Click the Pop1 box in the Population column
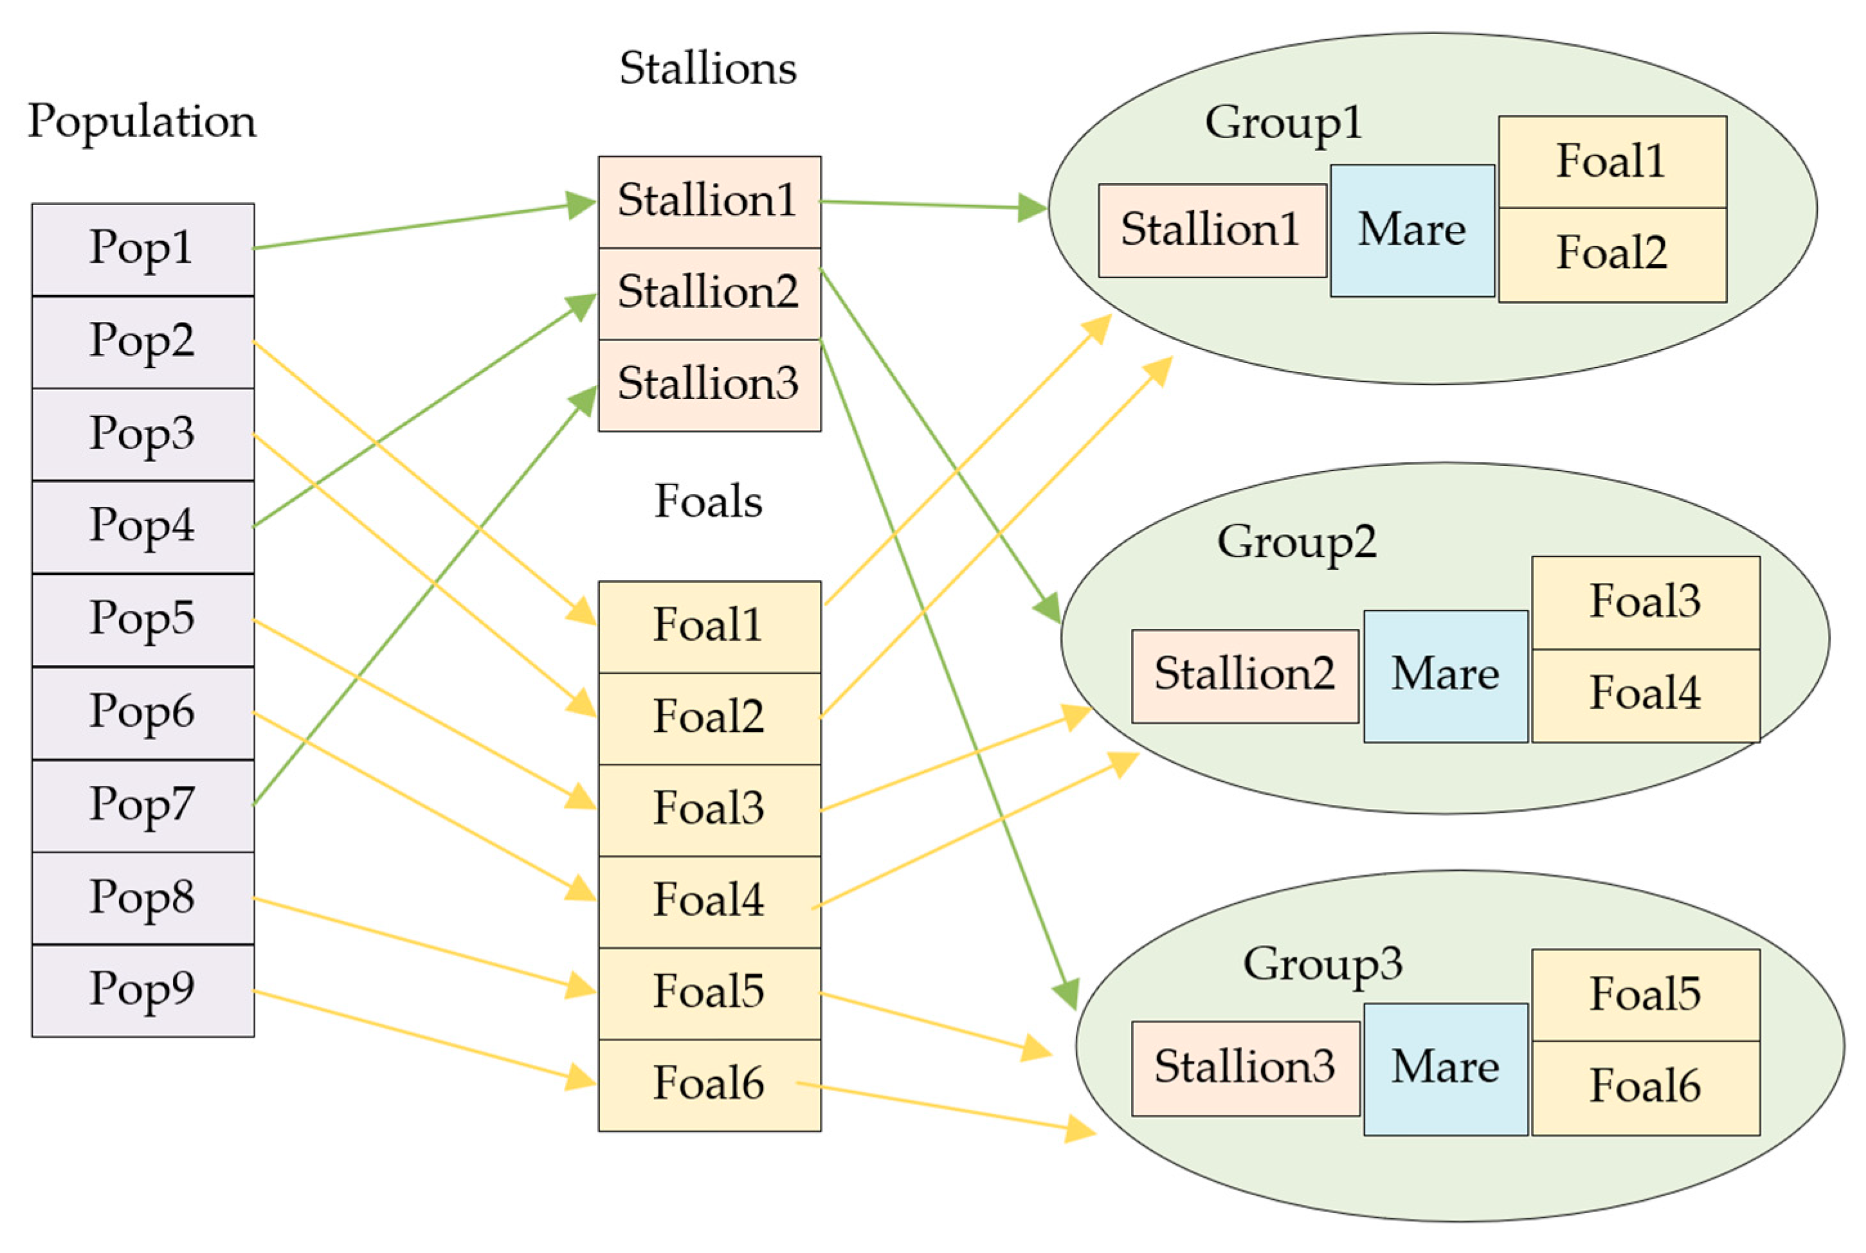142,249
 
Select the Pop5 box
142,619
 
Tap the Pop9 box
142,990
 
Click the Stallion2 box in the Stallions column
709,293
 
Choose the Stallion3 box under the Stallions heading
709,385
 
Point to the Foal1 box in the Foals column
709,626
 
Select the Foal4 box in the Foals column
709,902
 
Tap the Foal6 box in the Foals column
709,1085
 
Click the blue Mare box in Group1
1412,230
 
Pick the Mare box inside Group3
1445,1069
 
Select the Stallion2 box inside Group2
1245,676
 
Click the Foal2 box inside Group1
1612,254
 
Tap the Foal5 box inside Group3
1645,994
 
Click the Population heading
142,121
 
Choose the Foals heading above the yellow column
709,502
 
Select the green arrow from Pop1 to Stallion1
424,226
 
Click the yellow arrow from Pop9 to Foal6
424,1037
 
